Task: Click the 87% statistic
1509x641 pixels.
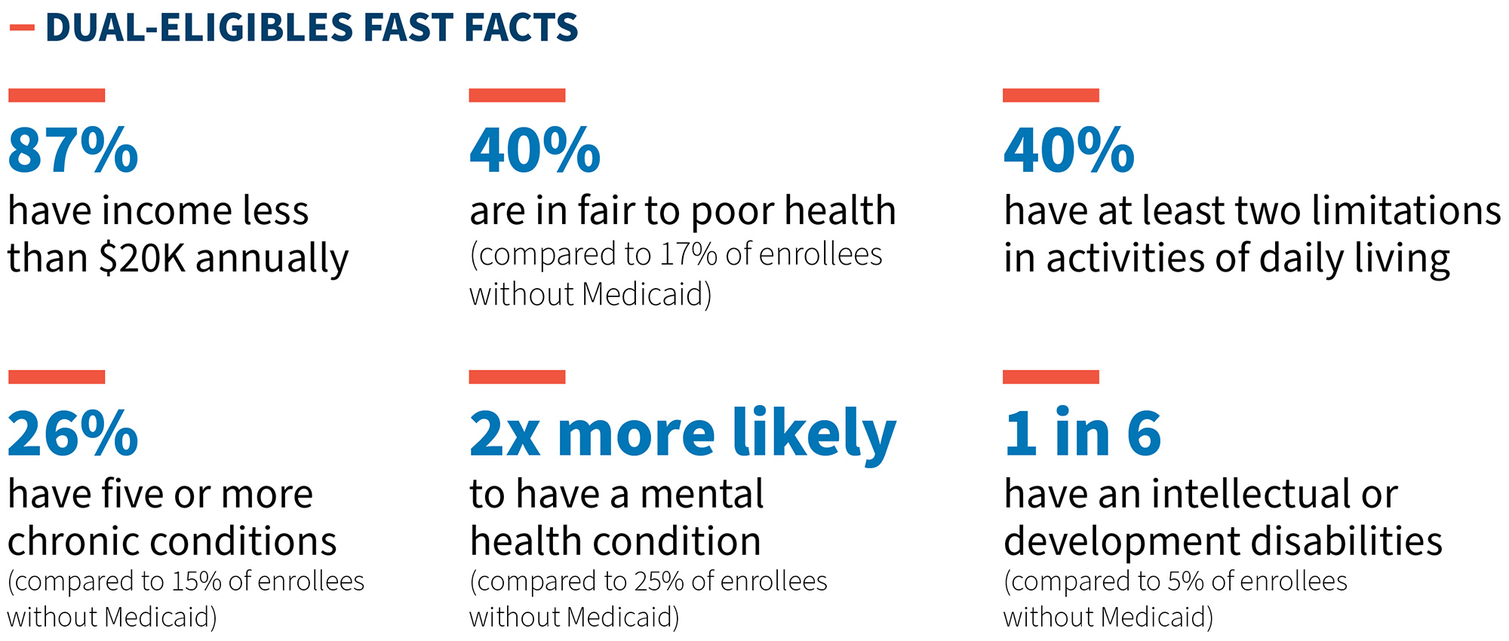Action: pyautogui.click(x=73, y=151)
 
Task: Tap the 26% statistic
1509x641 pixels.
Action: pyautogui.click(x=73, y=434)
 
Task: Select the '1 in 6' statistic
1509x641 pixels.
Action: pyautogui.click(x=1083, y=434)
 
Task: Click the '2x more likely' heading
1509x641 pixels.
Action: pyautogui.click(x=683, y=434)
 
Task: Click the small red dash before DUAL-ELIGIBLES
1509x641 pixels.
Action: pyautogui.click(x=22, y=28)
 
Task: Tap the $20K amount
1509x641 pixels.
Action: pyautogui.click(x=142, y=259)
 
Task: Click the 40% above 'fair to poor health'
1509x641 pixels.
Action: pyautogui.click(x=535, y=151)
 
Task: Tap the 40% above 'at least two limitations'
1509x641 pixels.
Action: pyautogui.click(x=1069, y=151)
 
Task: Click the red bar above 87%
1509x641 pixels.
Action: pyautogui.click(x=57, y=95)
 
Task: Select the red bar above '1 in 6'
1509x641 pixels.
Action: pyautogui.click(x=1051, y=377)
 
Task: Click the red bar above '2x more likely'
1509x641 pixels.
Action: pyautogui.click(x=517, y=377)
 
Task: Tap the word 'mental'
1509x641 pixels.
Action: pyautogui.click(x=702, y=495)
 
